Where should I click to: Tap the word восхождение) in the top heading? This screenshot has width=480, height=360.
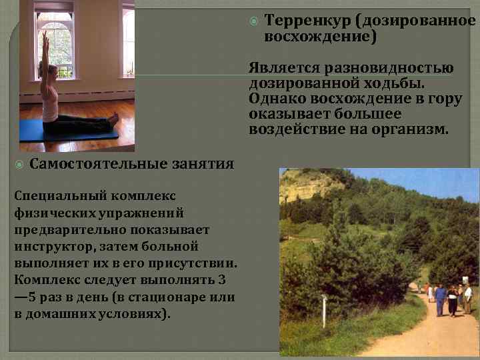point(321,37)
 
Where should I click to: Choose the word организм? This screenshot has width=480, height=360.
point(413,129)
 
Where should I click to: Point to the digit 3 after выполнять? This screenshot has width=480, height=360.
point(221,279)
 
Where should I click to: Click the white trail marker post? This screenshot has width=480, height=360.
point(324,309)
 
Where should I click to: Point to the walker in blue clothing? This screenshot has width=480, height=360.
point(440,299)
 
